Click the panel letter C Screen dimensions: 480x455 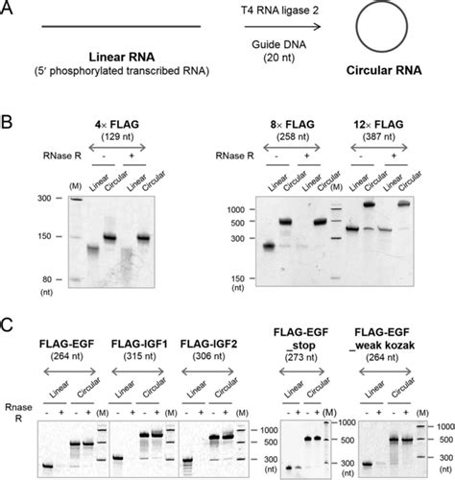9,321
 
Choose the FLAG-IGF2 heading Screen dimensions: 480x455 227,342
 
